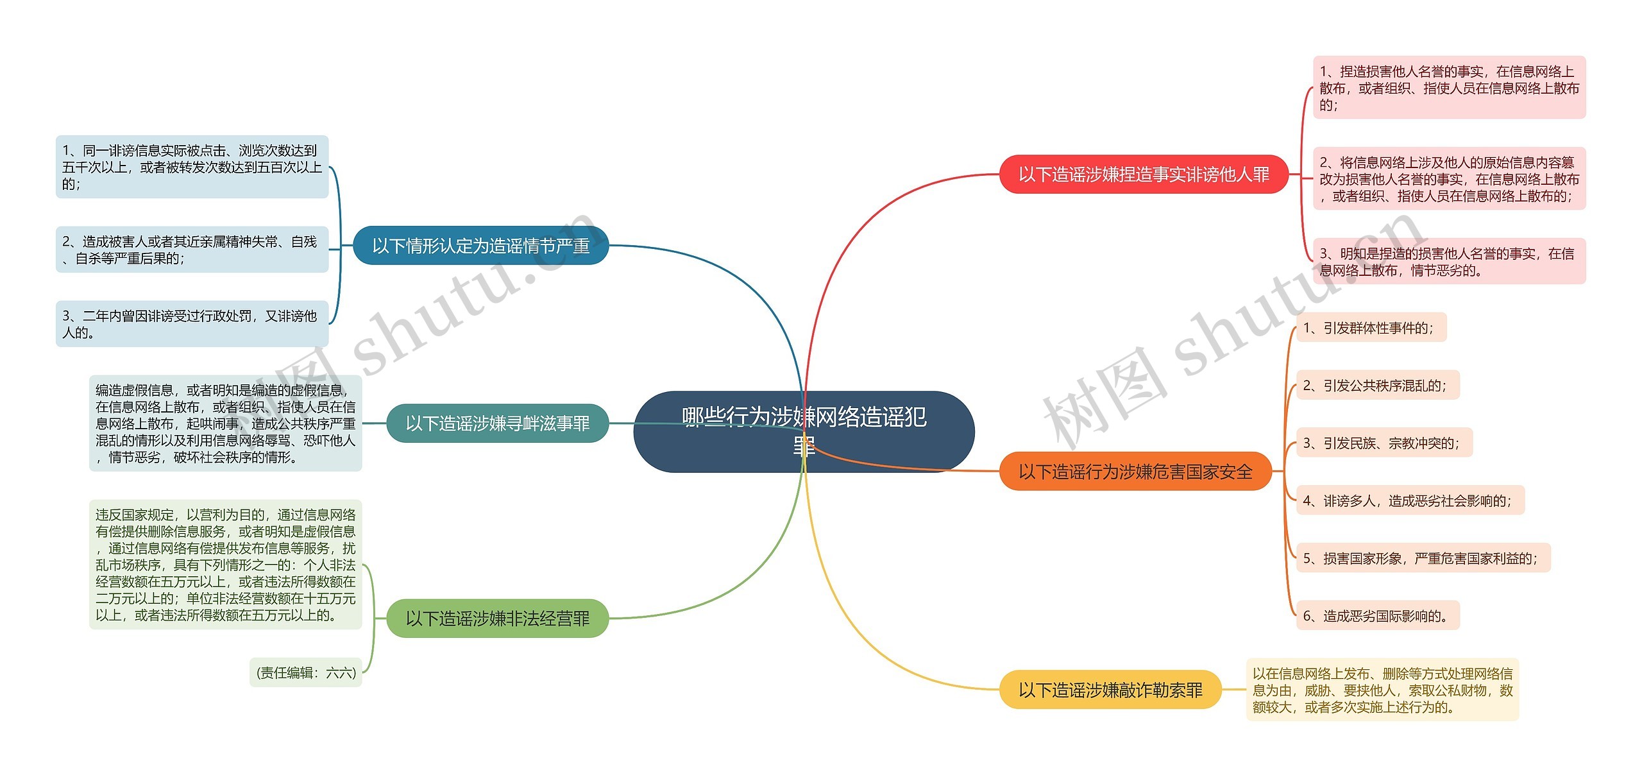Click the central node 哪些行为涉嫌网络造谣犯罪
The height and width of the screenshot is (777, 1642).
pyautogui.click(x=804, y=431)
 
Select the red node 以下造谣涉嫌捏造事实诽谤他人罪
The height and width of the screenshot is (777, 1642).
pyautogui.click(x=1144, y=174)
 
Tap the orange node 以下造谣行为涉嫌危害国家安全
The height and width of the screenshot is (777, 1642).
pyautogui.click(x=1135, y=472)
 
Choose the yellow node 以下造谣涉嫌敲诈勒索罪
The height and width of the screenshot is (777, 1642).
pyautogui.click(x=1110, y=690)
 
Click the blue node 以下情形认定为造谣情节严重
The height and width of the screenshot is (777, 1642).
pyautogui.click(x=480, y=245)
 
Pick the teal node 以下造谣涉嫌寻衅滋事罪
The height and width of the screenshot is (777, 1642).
pyautogui.click(x=497, y=423)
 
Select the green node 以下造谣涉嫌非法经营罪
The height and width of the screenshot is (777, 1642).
pyautogui.click(x=497, y=619)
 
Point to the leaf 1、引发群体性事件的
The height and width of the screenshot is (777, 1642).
pyautogui.click(x=1371, y=328)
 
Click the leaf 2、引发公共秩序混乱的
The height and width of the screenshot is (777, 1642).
pyautogui.click(x=1377, y=386)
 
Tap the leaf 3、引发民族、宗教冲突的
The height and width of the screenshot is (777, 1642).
pyautogui.click(x=1384, y=443)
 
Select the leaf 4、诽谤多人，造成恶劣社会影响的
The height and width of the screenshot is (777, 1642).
pyautogui.click(x=1409, y=500)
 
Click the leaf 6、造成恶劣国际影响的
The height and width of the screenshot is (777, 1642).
pyautogui.click(x=1377, y=616)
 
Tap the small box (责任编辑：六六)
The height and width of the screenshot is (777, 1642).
pyautogui.click(x=306, y=672)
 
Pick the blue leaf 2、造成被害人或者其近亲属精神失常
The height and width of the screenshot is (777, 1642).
pyautogui.click(x=192, y=250)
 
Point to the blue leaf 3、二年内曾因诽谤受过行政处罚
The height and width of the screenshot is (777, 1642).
pyautogui.click(x=192, y=324)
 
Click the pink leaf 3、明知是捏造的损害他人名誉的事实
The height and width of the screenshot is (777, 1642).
pyautogui.click(x=1449, y=262)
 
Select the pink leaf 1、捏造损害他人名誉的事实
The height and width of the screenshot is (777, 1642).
pyautogui.click(x=1449, y=88)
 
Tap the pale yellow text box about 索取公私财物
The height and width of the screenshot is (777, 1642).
pyautogui.click(x=1382, y=690)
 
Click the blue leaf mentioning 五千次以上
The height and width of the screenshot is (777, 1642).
pyautogui.click(x=192, y=167)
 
